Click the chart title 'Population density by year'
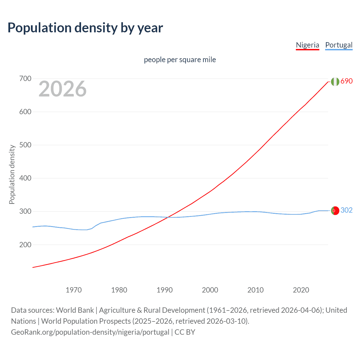click(85, 28)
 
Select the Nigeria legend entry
click(307, 45)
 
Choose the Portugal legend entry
click(339, 45)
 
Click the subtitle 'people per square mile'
click(180, 60)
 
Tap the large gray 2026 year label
click(62, 89)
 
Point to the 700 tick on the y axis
click(25, 78)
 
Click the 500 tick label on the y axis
click(25, 145)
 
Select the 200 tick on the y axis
click(25, 245)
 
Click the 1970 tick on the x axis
click(74, 290)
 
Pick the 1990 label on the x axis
click(165, 290)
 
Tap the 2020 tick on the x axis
click(301, 290)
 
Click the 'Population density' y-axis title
click(12, 174)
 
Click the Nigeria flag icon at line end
click(335, 82)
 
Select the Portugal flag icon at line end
click(335, 210)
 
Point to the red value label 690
click(346, 81)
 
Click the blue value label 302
click(346, 210)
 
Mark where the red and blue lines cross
click(168, 217)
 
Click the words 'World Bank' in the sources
click(75, 310)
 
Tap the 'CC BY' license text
click(185, 332)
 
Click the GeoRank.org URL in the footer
click(90, 332)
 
